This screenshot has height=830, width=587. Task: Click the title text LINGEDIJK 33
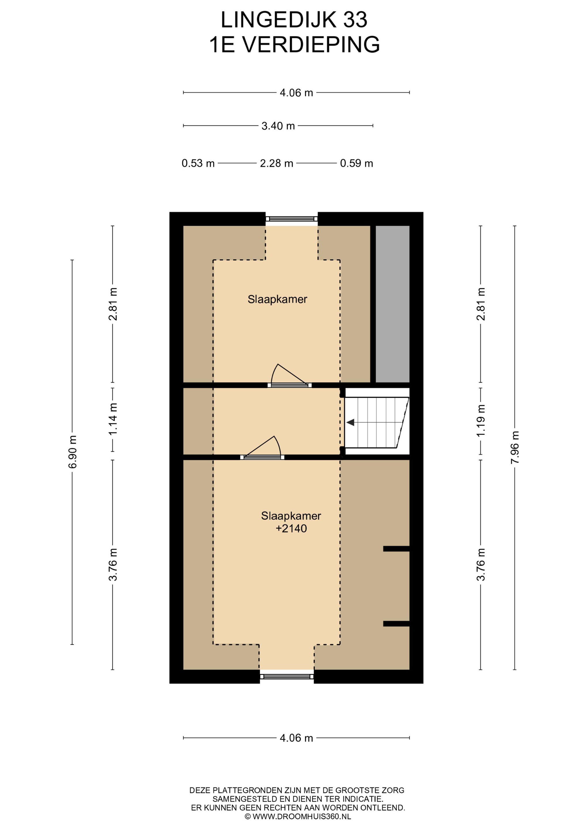click(x=294, y=20)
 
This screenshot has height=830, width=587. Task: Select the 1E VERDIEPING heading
click(x=294, y=44)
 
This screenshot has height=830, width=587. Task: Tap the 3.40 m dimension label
click(x=278, y=126)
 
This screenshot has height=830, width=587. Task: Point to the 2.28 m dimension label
click(x=276, y=163)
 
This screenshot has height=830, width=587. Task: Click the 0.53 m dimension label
click(x=198, y=163)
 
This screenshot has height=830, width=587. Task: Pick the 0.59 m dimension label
click(x=356, y=163)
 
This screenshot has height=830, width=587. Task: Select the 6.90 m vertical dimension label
click(x=73, y=452)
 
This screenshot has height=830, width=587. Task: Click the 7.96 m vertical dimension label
click(x=515, y=448)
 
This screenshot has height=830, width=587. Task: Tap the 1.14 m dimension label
click(x=113, y=419)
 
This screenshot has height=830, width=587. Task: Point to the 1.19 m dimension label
click(x=481, y=421)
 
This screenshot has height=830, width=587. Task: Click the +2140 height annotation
click(x=291, y=529)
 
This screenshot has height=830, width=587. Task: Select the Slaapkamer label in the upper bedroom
click(x=277, y=299)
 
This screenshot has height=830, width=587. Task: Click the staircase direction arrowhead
click(x=350, y=422)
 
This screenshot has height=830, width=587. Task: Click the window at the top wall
click(x=291, y=219)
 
